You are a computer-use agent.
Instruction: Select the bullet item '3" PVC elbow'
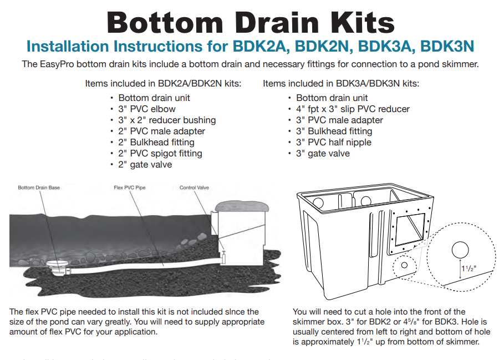(147, 109)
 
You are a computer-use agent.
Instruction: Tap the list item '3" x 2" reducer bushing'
(167, 120)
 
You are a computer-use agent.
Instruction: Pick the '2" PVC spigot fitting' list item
(160, 153)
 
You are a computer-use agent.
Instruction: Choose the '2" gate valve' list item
(145, 164)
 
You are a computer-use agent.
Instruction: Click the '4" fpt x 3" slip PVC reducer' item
(353, 109)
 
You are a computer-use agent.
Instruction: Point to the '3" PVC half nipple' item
(333, 142)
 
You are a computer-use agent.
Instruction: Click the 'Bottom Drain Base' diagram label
(39, 188)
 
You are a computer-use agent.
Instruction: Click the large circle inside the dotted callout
(460, 250)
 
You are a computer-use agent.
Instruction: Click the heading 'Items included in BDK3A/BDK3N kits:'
(341, 84)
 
